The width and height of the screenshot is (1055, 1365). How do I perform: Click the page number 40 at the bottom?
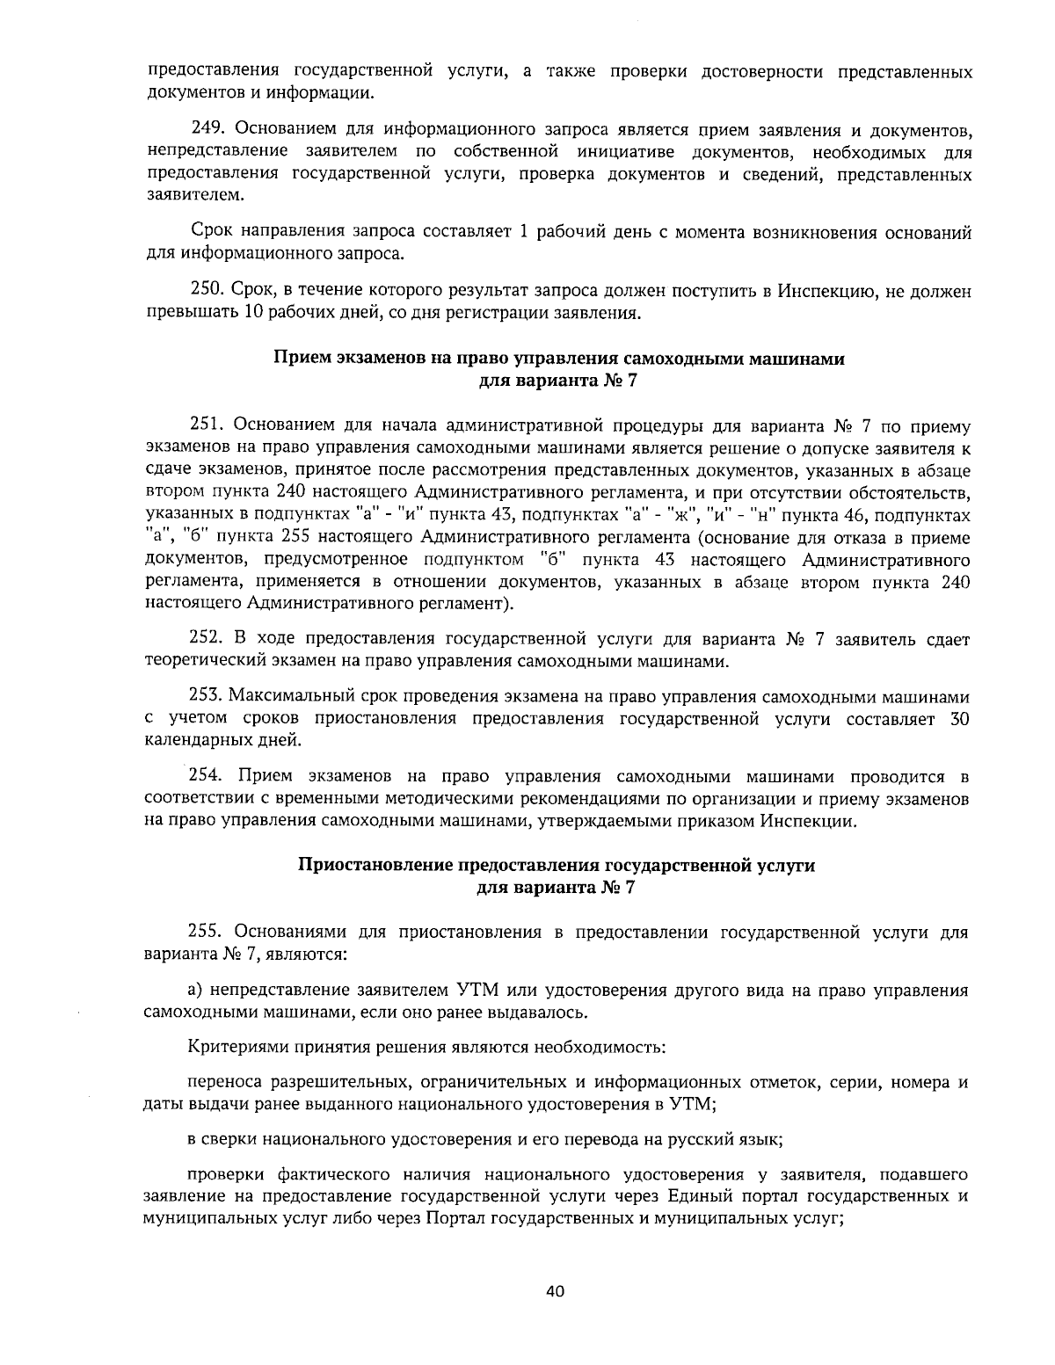(x=554, y=1291)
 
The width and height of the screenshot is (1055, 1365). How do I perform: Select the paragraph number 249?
(x=208, y=132)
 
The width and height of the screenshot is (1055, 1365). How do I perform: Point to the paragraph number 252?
(x=208, y=639)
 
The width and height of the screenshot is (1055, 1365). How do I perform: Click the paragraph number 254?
(x=208, y=777)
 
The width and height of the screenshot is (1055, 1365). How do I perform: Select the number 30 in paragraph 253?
(x=960, y=719)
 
